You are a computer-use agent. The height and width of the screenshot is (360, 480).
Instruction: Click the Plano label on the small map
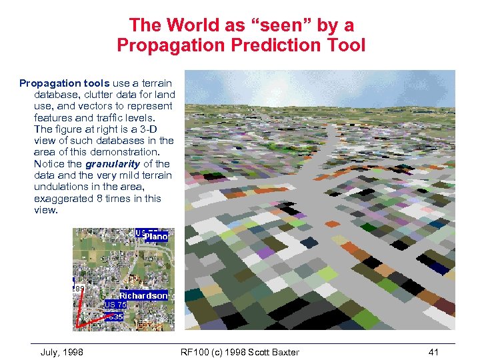(156, 236)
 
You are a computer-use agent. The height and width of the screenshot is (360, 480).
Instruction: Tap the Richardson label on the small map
(143, 295)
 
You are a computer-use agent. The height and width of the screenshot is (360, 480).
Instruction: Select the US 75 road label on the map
(115, 304)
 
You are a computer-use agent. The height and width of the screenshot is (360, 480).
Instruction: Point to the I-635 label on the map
(115, 317)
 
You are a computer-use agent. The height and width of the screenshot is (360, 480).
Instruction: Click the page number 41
(434, 352)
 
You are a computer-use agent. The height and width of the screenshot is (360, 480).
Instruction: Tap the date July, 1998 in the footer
(61, 352)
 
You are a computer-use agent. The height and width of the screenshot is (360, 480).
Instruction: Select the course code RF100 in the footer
(197, 352)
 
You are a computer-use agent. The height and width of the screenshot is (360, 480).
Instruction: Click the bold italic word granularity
(113, 163)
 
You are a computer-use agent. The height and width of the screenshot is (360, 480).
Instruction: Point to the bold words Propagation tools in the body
(64, 83)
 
